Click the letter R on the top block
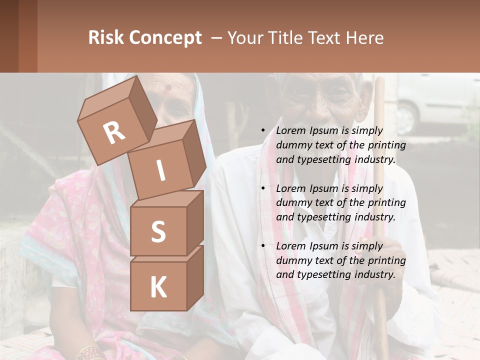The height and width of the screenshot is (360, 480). [x=114, y=132]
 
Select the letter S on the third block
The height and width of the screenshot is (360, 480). [x=158, y=232]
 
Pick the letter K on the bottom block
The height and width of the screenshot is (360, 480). [x=158, y=287]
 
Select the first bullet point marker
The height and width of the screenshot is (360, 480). [x=263, y=131]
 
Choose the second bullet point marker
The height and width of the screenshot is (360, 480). [x=263, y=189]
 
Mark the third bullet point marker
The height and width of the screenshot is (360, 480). [x=263, y=246]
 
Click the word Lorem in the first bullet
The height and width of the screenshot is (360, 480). [x=291, y=130]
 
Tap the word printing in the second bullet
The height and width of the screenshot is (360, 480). [x=386, y=203]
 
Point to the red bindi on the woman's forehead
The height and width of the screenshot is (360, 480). [x=168, y=87]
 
